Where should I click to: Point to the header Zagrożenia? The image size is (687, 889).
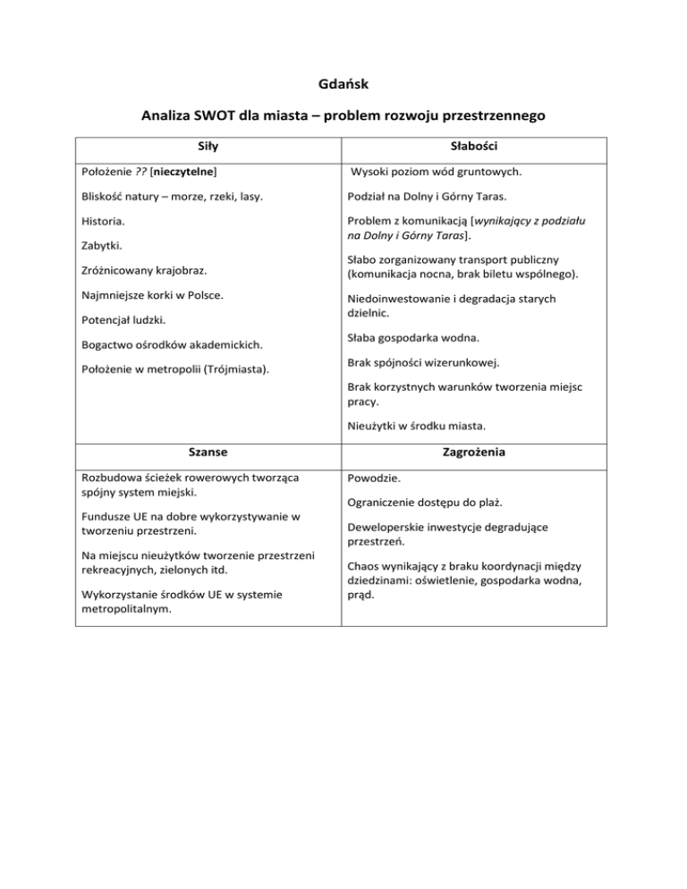(x=476, y=453)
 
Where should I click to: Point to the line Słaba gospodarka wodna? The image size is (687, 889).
(x=420, y=338)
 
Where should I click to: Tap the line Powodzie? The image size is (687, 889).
(x=373, y=478)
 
